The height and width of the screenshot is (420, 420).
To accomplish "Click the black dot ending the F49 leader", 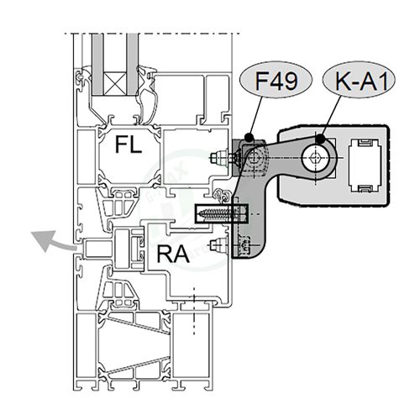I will [250, 136].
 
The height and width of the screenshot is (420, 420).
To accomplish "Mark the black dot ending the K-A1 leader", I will [322, 136].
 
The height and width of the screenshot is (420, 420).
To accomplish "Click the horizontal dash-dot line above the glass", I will [151, 33].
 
